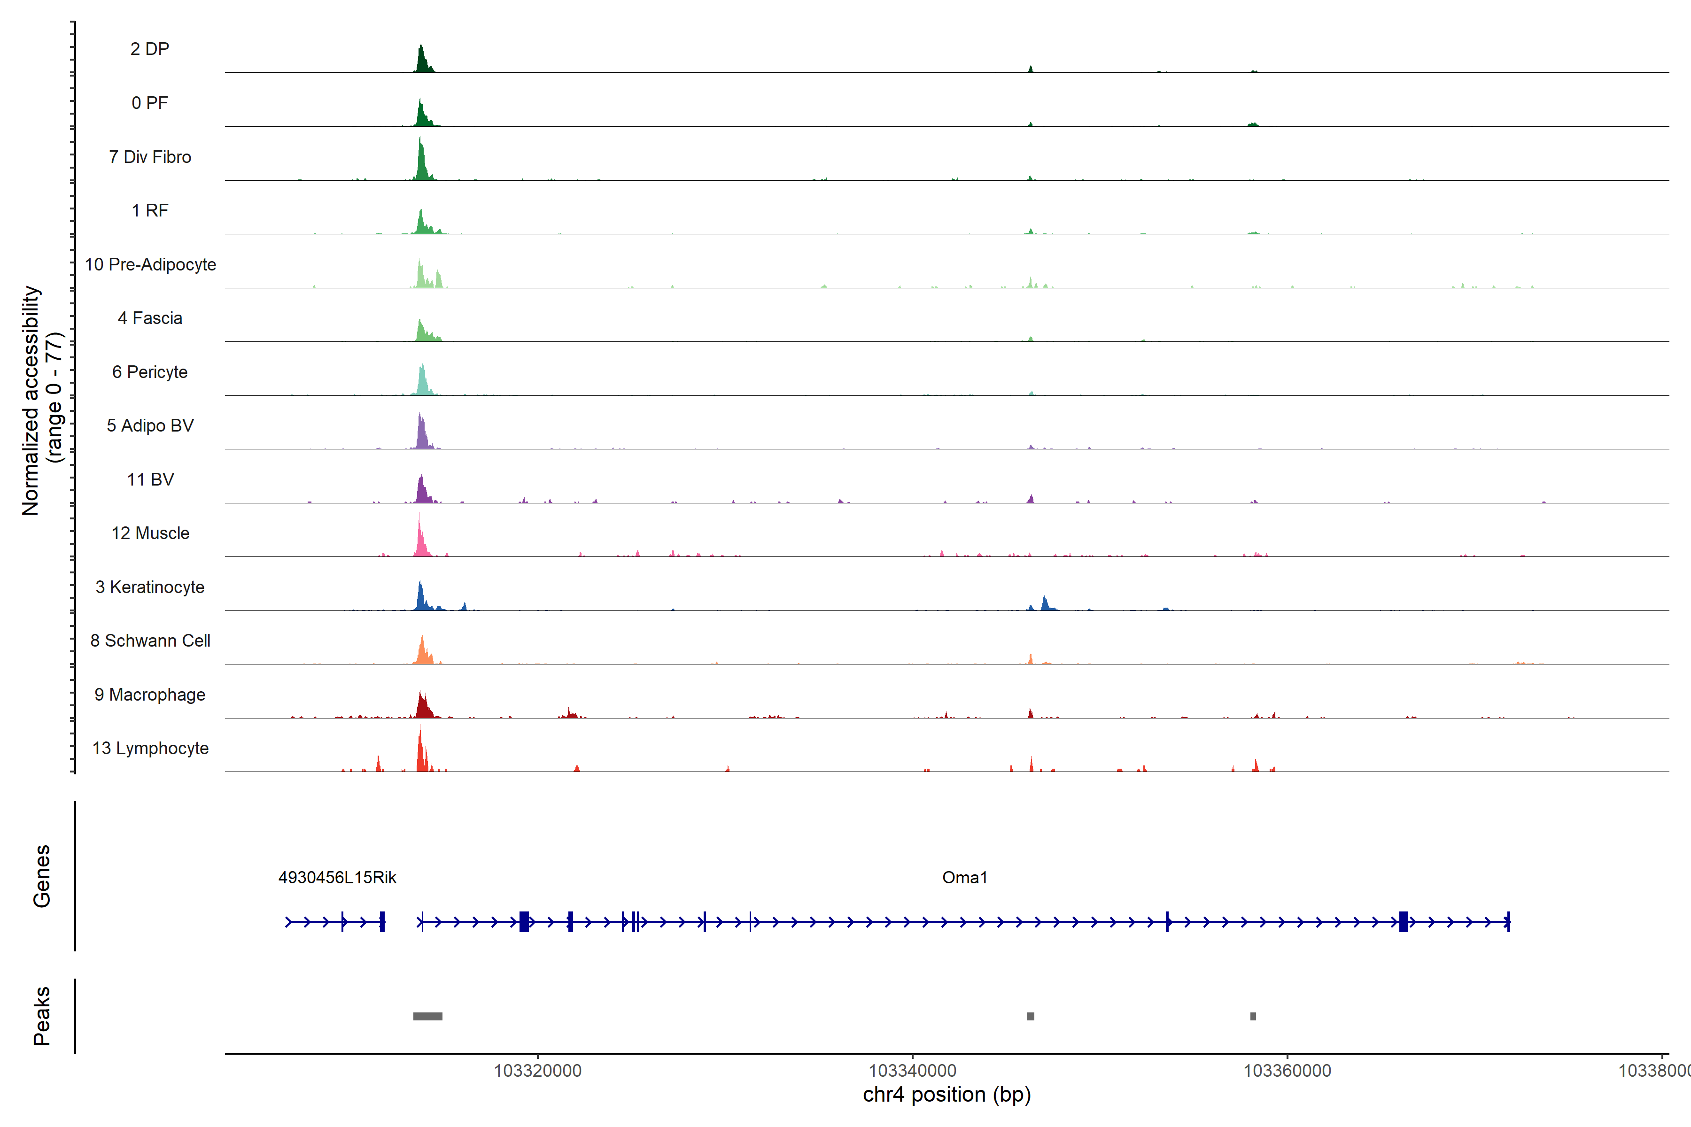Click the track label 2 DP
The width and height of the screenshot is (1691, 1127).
[x=149, y=49]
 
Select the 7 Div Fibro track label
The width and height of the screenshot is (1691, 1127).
[x=149, y=157]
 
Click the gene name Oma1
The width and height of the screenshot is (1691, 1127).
[x=964, y=878]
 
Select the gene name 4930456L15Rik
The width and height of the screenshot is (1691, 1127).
[x=337, y=878]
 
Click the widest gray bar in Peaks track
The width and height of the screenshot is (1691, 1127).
[x=428, y=1016]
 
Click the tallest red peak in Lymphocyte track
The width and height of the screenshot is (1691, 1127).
[x=420, y=748]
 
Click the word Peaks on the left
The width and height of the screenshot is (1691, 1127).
[x=42, y=1016]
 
